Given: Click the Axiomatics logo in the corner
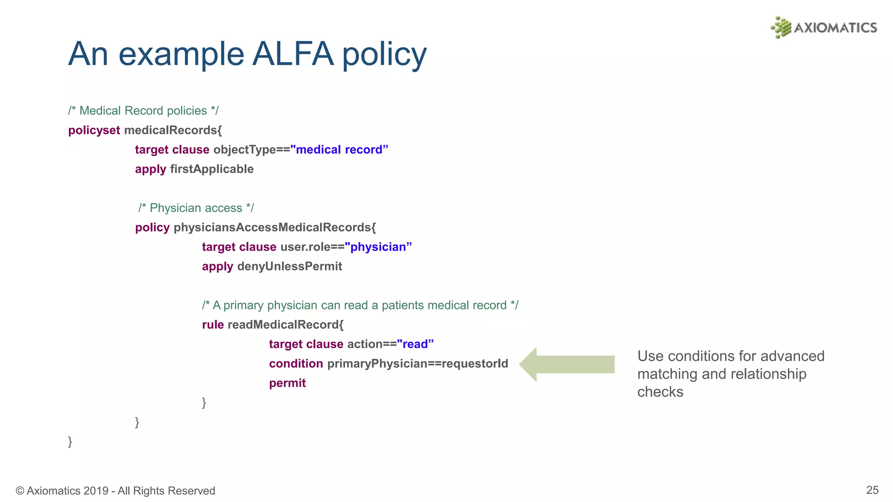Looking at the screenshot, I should (824, 27).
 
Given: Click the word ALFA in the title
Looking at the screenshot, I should (293, 54).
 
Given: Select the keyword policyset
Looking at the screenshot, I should (94, 130).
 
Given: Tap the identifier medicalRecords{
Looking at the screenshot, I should (173, 130).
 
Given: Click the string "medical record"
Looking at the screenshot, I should (339, 150).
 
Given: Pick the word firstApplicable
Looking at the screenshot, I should (212, 169).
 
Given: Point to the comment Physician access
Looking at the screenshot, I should (196, 208).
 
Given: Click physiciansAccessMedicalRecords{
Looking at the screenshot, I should (275, 227).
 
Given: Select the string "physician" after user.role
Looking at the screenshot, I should (378, 247).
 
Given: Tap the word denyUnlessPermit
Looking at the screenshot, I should (290, 266).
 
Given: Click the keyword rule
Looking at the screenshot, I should (213, 325).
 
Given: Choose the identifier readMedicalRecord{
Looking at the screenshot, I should (286, 325).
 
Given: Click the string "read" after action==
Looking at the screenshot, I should (415, 344).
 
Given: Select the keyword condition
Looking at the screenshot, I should (296, 363).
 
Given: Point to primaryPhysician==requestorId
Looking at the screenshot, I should (418, 363).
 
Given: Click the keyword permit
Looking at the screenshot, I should (287, 383).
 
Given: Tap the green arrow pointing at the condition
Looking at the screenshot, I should (567, 364).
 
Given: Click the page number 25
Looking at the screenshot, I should (872, 490).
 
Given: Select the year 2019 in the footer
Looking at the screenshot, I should (96, 491).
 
